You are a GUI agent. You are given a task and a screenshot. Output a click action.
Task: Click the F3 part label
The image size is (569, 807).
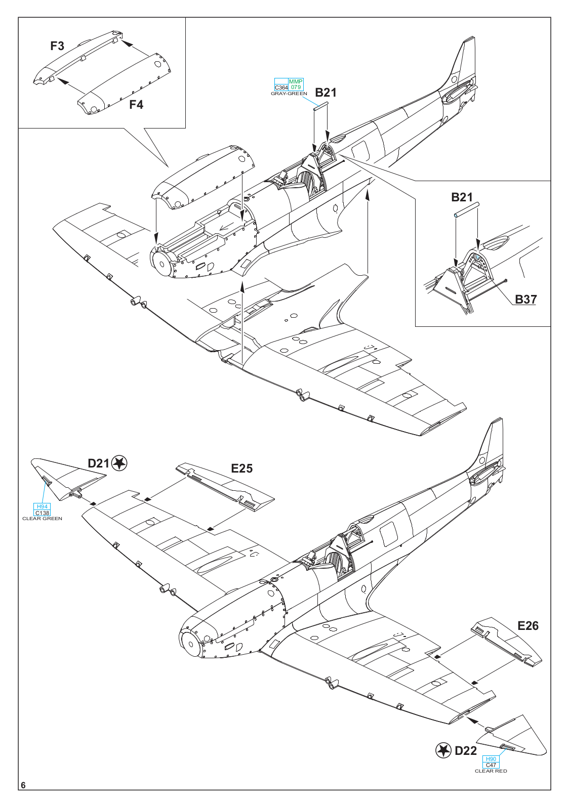(x=57, y=46)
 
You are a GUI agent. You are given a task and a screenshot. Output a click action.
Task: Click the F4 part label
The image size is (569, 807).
(x=136, y=105)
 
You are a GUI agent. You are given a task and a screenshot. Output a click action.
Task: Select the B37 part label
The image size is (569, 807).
(x=525, y=299)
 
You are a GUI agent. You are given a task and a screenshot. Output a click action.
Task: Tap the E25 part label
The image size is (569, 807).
(x=241, y=469)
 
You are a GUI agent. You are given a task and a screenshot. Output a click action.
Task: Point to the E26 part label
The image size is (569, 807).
(x=527, y=626)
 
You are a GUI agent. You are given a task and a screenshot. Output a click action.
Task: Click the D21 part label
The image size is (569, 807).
(x=98, y=463)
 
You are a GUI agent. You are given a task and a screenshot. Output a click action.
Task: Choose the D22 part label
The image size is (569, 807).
(x=466, y=751)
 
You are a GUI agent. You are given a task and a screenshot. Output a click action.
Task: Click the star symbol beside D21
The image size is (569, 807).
(x=119, y=463)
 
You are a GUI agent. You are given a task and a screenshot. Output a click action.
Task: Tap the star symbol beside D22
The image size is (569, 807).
(x=443, y=750)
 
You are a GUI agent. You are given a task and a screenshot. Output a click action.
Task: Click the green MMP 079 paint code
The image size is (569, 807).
(x=296, y=84)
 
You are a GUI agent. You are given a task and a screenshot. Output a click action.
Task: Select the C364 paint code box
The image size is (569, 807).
(x=281, y=88)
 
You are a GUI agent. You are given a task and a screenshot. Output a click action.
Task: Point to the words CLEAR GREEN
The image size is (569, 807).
(x=42, y=519)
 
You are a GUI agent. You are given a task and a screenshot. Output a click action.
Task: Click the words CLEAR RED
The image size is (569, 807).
(x=491, y=771)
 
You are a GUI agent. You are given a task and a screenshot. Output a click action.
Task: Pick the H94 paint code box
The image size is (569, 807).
(x=42, y=506)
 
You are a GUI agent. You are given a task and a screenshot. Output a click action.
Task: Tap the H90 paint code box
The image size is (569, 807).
(x=491, y=759)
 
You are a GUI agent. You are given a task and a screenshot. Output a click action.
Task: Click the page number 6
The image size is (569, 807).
(x=23, y=785)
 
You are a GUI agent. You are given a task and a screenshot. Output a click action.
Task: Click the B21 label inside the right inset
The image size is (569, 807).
(x=462, y=197)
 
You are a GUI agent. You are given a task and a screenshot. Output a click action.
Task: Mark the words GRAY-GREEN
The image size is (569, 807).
(x=289, y=94)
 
